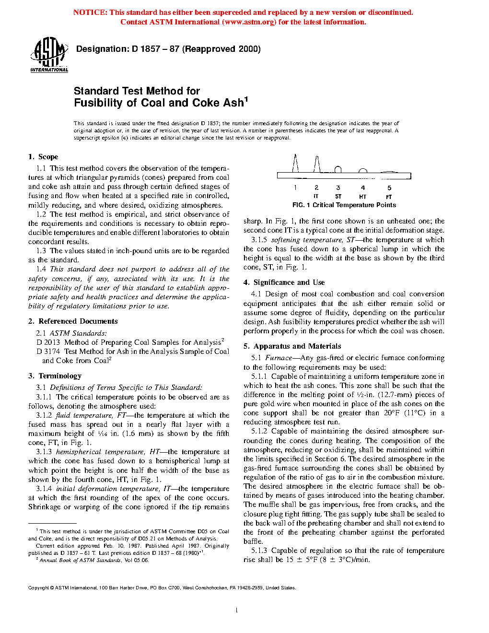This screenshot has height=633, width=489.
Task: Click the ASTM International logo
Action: (x=49, y=55)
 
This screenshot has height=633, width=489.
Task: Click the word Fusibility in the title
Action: (x=98, y=103)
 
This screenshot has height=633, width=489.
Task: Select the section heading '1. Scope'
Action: (x=43, y=157)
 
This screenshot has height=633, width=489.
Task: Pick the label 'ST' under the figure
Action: (x=338, y=197)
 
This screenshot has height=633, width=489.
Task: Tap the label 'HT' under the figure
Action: (x=362, y=197)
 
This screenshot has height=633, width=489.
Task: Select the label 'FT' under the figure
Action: (x=389, y=197)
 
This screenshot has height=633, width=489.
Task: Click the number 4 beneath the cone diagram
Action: (x=363, y=188)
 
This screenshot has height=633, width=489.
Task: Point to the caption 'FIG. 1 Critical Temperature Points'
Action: (x=344, y=205)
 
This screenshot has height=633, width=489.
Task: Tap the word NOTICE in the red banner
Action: (x=90, y=12)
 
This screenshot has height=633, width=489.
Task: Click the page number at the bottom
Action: (x=237, y=610)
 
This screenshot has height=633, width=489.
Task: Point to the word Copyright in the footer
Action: (x=38, y=588)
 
